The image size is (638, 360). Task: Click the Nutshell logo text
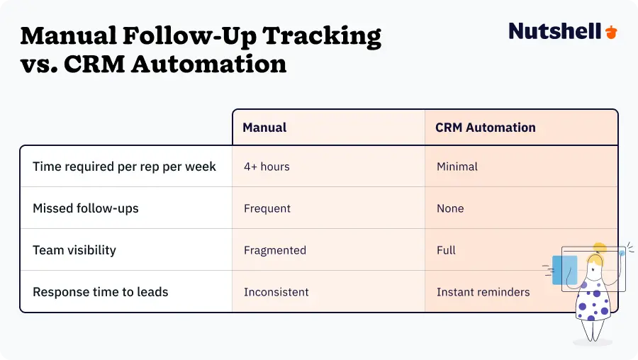[x=555, y=31]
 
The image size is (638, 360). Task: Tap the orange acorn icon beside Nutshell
[x=611, y=32]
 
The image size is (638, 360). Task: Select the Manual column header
[x=264, y=128]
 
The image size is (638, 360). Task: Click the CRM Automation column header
[x=485, y=128]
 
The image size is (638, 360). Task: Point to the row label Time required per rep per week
[x=124, y=167]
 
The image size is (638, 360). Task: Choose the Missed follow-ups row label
[x=86, y=208]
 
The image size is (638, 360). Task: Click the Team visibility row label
[x=74, y=250]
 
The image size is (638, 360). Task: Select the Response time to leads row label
[x=100, y=292]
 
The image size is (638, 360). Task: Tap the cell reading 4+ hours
[x=267, y=167]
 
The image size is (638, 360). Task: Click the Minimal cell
[x=457, y=167]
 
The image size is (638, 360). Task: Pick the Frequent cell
[x=267, y=208]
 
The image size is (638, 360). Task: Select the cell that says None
[x=450, y=208]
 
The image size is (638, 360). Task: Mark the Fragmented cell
[x=275, y=250]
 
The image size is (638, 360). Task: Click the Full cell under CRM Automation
[x=446, y=250]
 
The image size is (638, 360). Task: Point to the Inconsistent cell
[x=276, y=292]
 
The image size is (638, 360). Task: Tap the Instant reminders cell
[x=483, y=292]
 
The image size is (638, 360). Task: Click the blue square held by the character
[x=564, y=270]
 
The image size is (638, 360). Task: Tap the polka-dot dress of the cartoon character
[x=591, y=301]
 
